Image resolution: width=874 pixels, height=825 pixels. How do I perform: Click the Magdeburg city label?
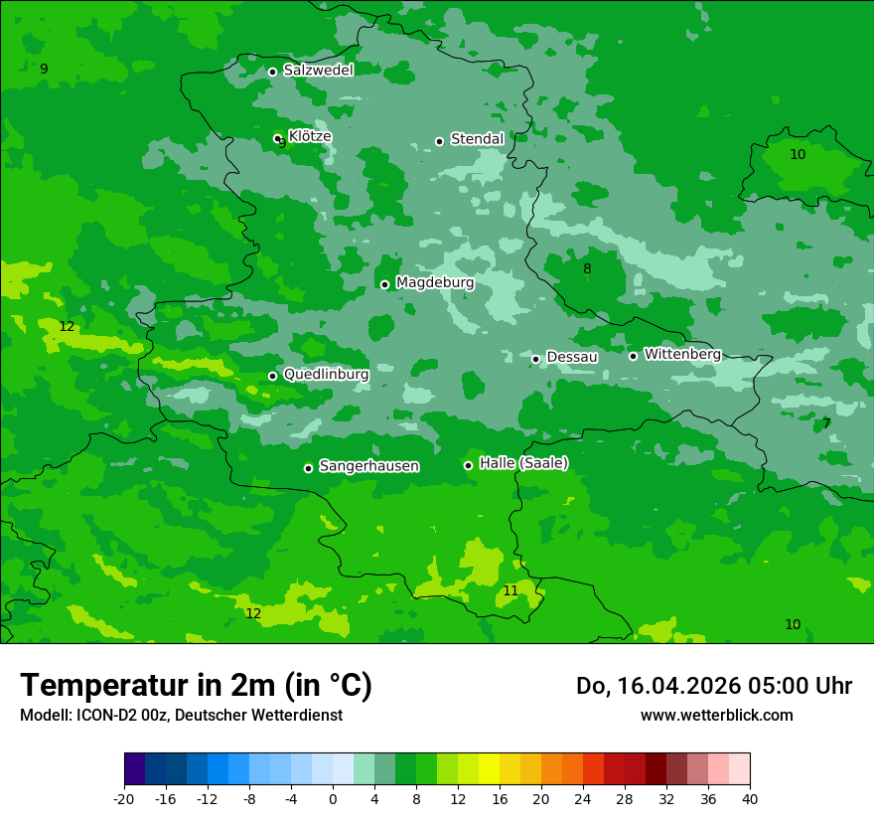435,283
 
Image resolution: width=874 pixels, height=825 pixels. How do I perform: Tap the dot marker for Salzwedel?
272,72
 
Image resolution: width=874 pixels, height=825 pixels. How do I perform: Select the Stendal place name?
477,139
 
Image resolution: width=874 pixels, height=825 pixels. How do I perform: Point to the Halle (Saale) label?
523,463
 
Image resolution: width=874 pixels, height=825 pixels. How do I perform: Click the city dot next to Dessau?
535,359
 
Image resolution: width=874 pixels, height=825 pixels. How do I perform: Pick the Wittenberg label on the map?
682,354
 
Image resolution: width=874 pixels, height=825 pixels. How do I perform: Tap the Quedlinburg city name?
326,375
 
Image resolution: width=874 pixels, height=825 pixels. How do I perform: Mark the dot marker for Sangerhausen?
308,468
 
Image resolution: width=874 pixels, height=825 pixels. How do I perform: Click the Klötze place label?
310,136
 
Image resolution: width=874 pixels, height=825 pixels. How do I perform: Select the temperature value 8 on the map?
587,268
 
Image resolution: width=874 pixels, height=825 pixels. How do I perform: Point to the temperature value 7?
826,423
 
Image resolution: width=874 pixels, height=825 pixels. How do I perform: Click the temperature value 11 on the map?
510,590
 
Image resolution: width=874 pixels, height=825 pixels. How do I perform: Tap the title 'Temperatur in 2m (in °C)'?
196,686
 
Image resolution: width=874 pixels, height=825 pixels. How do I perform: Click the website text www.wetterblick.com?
716,715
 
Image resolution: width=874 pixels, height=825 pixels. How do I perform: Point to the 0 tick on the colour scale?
333,798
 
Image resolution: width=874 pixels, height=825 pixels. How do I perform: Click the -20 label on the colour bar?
124,798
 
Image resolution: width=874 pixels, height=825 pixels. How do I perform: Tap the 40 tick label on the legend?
750,798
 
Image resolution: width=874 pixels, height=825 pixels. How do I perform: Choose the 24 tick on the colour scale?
583,798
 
